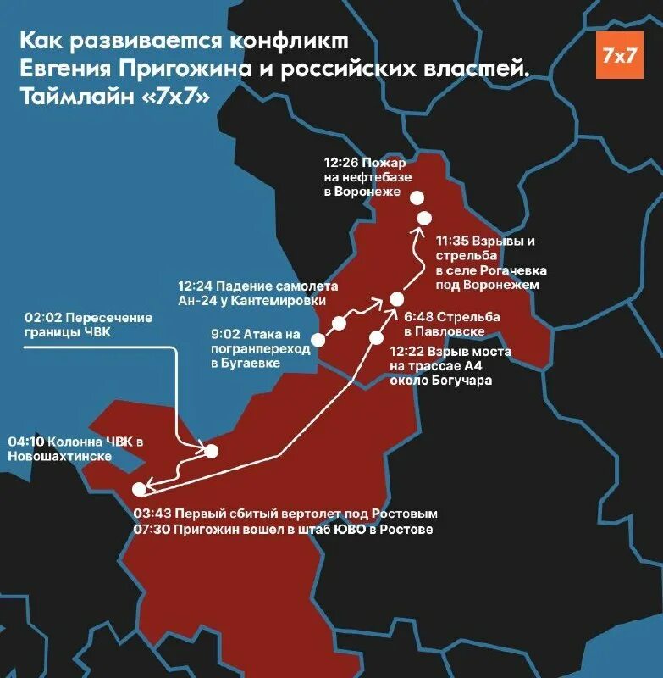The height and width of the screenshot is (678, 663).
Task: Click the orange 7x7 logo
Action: [x=619, y=55]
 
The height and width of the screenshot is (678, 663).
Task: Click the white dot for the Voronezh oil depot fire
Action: [x=417, y=197]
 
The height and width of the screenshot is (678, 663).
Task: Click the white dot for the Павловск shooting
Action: [x=396, y=297]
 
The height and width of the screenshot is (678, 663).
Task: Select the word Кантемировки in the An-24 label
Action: [x=281, y=301]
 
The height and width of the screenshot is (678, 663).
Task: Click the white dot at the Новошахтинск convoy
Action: [x=212, y=451]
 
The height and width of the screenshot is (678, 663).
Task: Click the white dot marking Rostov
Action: [x=140, y=488]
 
